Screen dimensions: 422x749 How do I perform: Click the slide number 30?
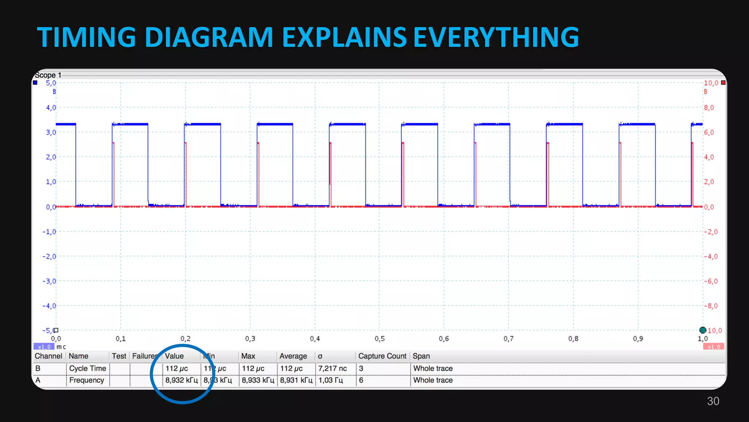click(x=713, y=401)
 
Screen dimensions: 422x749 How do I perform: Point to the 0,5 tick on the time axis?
click(x=379, y=339)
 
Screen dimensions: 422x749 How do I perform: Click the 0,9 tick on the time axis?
click(x=638, y=339)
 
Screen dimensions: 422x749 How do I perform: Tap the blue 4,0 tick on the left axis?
click(x=51, y=108)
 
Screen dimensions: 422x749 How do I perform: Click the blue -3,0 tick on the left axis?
click(x=49, y=281)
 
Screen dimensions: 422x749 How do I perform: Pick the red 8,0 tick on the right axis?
click(x=709, y=108)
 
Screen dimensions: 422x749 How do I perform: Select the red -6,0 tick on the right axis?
click(x=711, y=281)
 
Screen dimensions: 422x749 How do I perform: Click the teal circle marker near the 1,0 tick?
click(x=703, y=330)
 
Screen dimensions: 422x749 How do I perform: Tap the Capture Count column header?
click(x=382, y=356)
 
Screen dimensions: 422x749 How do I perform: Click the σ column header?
click(x=320, y=356)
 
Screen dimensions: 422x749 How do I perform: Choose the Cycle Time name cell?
click(x=87, y=369)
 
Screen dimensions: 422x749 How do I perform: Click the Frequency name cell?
click(x=87, y=380)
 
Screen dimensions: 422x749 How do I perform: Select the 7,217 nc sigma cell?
click(x=332, y=369)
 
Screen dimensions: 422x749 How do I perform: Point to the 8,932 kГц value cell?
click(x=181, y=380)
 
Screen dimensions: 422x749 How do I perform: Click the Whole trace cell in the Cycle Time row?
click(x=433, y=369)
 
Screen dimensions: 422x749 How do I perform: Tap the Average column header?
click(x=293, y=356)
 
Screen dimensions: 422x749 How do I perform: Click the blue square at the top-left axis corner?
click(x=35, y=83)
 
